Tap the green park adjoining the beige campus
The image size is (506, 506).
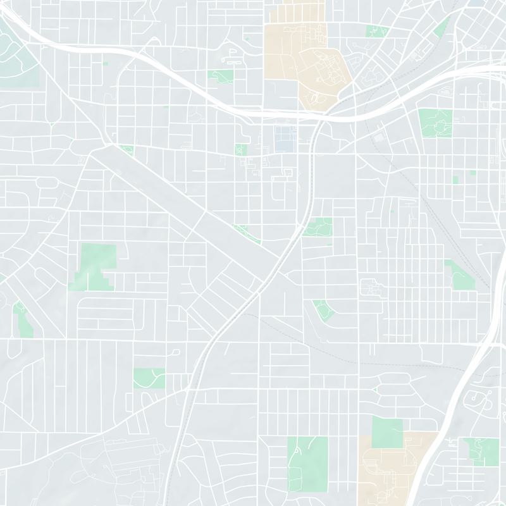pos(386,432)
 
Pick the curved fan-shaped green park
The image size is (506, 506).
pos(323,310)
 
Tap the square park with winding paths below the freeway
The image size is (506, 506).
pos(435,122)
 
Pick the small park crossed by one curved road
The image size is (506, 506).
pos(149,378)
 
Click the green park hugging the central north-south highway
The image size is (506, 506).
pos(318,226)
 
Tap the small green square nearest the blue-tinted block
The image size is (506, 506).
pos(240,149)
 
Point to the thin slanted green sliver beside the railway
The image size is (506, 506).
pos(443,25)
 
